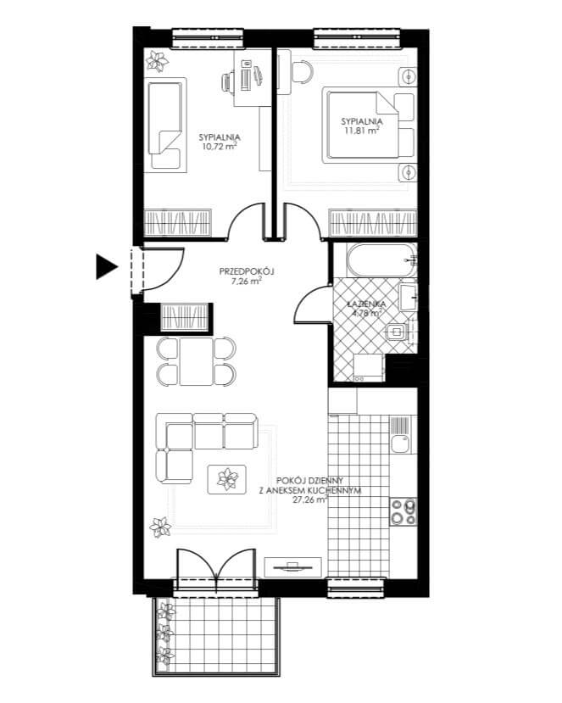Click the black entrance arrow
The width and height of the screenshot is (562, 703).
(x=106, y=267)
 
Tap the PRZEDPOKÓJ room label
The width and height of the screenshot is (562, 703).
(x=247, y=271)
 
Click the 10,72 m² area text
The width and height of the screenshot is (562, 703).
(x=220, y=146)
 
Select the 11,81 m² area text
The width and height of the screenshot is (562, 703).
(x=362, y=130)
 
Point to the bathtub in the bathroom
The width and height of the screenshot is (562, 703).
(x=381, y=260)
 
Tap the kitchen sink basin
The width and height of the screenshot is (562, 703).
(x=399, y=444)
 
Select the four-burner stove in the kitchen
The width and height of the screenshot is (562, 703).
(x=403, y=511)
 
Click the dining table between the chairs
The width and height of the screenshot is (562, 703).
(x=197, y=361)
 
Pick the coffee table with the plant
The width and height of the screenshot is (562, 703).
(x=227, y=479)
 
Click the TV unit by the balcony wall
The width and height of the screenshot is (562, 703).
(x=292, y=567)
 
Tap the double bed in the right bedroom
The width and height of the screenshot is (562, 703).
(x=362, y=126)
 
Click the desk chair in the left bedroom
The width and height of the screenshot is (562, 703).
(x=228, y=82)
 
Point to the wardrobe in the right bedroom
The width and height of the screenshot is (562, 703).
(x=373, y=223)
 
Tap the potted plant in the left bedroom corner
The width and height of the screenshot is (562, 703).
(x=157, y=61)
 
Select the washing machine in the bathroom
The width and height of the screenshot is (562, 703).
(x=369, y=368)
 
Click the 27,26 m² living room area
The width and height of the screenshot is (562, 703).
(x=309, y=501)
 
